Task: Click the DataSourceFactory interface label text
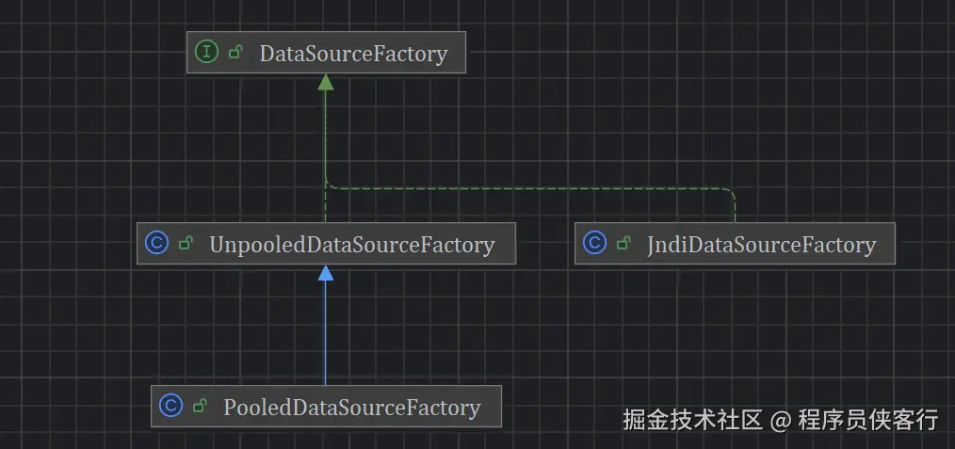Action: pyautogui.click(x=353, y=54)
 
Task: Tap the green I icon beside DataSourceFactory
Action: pyautogui.click(x=206, y=53)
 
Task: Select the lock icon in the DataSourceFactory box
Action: pyautogui.click(x=236, y=53)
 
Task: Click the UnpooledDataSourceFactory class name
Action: pyautogui.click(x=351, y=245)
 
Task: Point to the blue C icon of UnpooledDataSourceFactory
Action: pyautogui.click(x=156, y=244)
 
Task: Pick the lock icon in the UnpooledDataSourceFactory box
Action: pyautogui.click(x=186, y=245)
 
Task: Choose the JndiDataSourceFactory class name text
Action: pyautogui.click(x=761, y=246)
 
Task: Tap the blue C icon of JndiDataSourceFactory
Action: pyautogui.click(x=594, y=244)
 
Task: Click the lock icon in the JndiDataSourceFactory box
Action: pyautogui.click(x=623, y=245)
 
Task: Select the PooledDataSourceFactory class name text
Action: pyautogui.click(x=352, y=408)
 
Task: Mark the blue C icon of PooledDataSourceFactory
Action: pyautogui.click(x=170, y=407)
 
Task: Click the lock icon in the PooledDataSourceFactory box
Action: pyautogui.click(x=200, y=408)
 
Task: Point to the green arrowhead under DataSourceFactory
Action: pyautogui.click(x=326, y=82)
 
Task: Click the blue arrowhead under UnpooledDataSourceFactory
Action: pyautogui.click(x=326, y=273)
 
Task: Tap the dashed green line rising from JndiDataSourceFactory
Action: pyautogui.click(x=735, y=207)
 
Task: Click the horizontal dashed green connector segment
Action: pyautogui.click(x=527, y=187)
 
